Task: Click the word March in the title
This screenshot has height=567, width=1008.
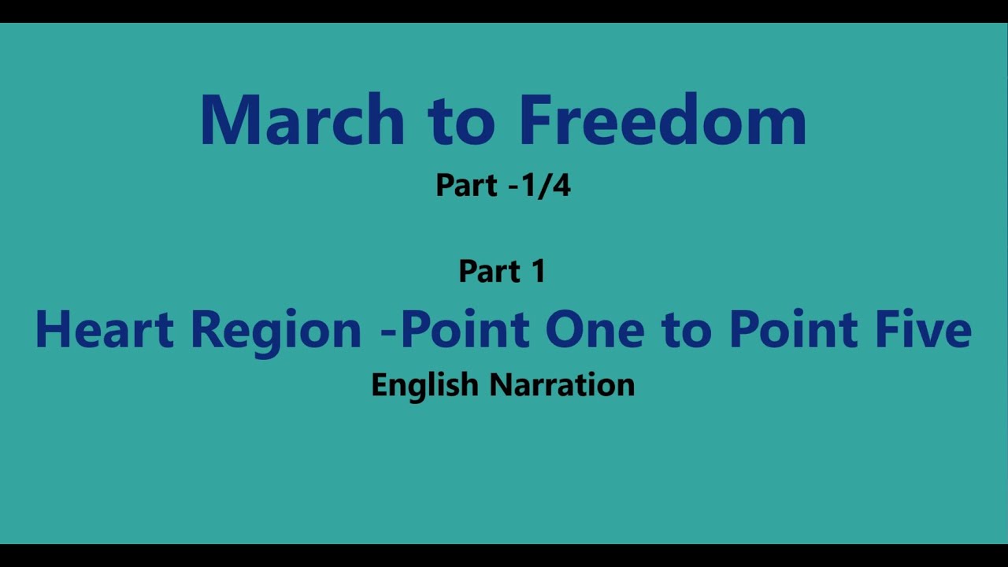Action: point(302,120)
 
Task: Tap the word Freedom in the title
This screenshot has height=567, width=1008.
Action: point(662,120)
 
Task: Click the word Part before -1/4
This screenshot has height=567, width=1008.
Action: point(466,186)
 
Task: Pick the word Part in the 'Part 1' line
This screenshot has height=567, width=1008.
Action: point(489,272)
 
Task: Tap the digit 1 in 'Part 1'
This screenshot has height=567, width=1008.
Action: point(538,272)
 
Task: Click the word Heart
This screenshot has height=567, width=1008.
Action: point(104,330)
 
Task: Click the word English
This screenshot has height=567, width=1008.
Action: point(424,386)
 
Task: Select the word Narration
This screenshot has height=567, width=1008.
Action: point(562,385)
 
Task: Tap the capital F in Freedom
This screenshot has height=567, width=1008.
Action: point(532,120)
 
